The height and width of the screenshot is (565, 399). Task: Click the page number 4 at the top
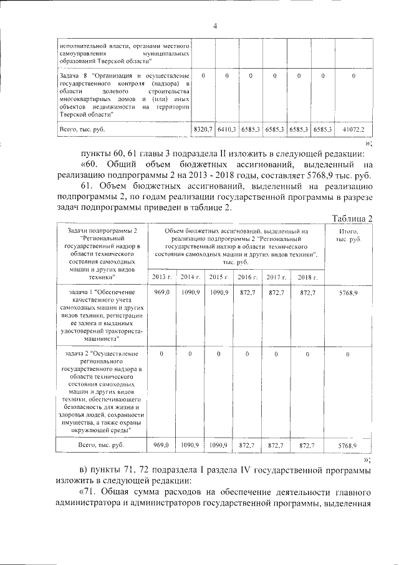pyautogui.click(x=215, y=26)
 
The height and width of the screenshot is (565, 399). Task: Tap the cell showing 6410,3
pyautogui.click(x=226, y=129)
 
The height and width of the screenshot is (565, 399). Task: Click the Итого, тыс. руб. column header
pyautogui.click(x=349, y=235)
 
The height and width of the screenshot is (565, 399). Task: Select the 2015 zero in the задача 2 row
pyautogui.click(x=218, y=354)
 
